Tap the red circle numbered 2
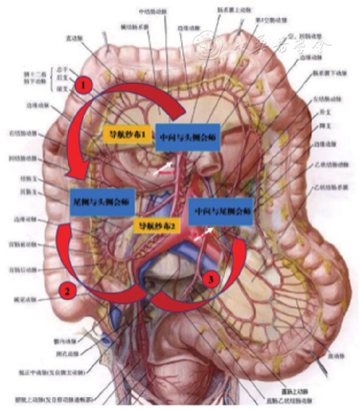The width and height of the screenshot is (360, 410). click(68, 290)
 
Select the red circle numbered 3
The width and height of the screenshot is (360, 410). click(210, 280)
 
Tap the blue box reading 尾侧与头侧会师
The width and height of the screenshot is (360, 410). click(102, 202)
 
